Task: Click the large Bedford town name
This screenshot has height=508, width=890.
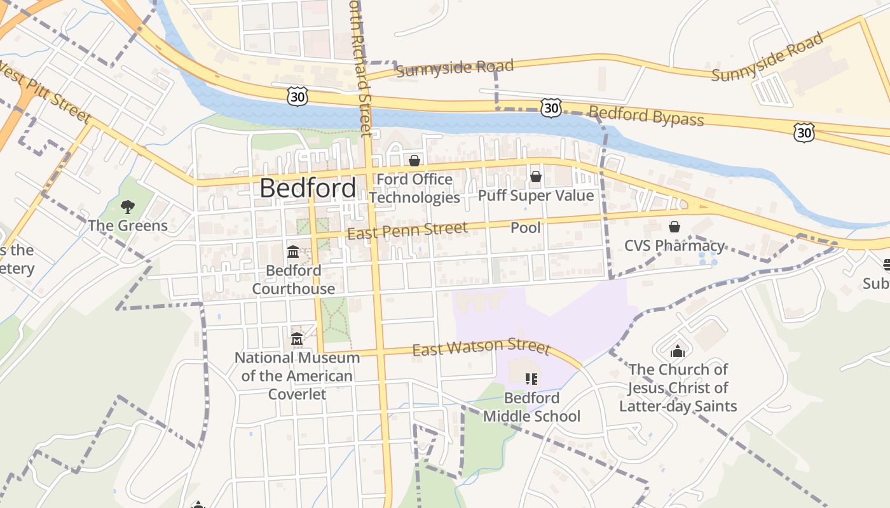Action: pos(308,189)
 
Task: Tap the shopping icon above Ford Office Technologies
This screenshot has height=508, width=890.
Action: pos(414,161)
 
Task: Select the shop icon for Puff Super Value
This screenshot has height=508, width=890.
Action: pos(536,177)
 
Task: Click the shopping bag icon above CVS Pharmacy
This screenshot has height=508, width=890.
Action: pos(674,227)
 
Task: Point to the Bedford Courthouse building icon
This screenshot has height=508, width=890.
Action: pos(293,252)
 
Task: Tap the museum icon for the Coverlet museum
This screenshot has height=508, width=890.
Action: pos(297,339)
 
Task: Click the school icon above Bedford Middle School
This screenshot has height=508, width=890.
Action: pos(531,379)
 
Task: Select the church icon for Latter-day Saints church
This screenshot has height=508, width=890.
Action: pos(678,351)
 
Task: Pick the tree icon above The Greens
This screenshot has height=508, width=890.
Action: pos(128,206)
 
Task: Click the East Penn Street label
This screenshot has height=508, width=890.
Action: pos(407,231)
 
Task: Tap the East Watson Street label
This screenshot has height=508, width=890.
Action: pos(481,347)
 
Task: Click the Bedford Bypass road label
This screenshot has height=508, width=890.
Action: pos(646,117)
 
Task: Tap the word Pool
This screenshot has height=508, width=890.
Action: pos(526,227)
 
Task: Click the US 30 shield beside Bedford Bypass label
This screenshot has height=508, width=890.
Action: pos(551,107)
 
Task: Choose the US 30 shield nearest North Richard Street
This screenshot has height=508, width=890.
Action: pos(298,97)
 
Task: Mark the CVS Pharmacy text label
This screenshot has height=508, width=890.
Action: pos(674,246)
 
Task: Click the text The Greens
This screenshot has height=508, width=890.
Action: pos(128,225)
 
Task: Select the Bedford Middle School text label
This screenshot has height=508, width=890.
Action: pos(531,407)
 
